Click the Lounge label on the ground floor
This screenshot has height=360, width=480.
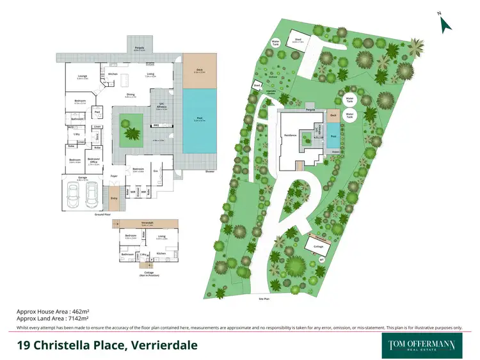(x=83, y=77)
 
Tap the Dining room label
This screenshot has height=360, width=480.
(x=130, y=95)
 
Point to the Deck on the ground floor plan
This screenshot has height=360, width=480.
(x=198, y=70)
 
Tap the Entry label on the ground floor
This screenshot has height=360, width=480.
(x=115, y=198)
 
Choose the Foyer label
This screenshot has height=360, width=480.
(x=115, y=175)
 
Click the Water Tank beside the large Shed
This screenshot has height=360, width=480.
(x=276, y=43)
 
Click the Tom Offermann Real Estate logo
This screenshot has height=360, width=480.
(x=422, y=344)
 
